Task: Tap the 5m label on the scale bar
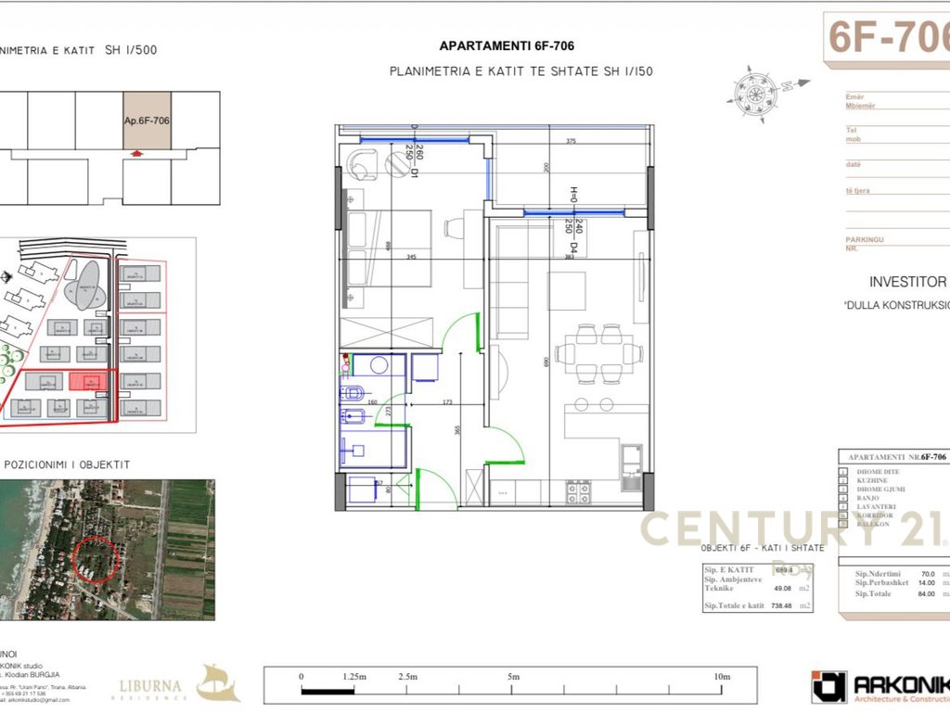click(x=513, y=677)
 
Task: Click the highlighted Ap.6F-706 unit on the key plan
click(x=148, y=121)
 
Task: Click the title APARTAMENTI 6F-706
click(x=512, y=45)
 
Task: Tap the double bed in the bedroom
click(x=390, y=248)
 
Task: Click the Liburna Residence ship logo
click(x=219, y=683)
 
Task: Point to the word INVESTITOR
click(x=907, y=282)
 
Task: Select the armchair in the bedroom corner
click(x=362, y=162)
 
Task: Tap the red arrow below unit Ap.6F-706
click(x=137, y=154)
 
